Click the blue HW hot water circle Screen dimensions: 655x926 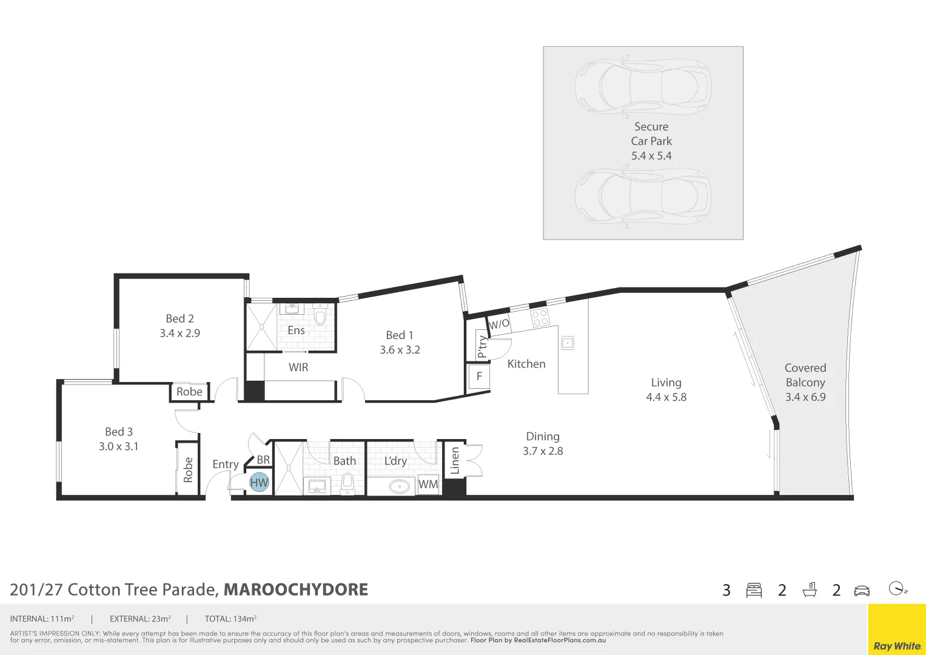click(x=259, y=483)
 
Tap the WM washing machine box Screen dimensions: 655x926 click(x=428, y=484)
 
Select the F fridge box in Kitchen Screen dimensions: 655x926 click(x=479, y=376)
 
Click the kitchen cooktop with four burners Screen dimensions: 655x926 click(x=540, y=317)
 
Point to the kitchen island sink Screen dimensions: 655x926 click(x=568, y=343)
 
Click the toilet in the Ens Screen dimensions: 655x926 click(x=320, y=316)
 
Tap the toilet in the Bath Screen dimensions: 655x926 click(x=347, y=483)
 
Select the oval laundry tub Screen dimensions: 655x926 click(x=399, y=486)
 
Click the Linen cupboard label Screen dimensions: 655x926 click(x=455, y=460)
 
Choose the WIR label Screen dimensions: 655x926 click(x=298, y=368)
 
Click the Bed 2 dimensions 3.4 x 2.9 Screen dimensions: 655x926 click(x=179, y=333)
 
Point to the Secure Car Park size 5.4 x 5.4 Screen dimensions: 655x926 click(x=651, y=156)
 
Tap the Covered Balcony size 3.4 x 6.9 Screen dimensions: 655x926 click(x=805, y=397)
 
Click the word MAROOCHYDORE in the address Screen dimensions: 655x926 click(x=296, y=589)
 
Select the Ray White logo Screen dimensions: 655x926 click(x=897, y=646)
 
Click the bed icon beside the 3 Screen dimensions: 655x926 click(x=754, y=590)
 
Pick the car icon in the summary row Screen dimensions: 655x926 click(x=862, y=590)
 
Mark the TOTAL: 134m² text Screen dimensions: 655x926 click(x=230, y=619)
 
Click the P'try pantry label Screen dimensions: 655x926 click(x=482, y=346)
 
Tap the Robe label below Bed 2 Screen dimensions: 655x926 click(x=189, y=392)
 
